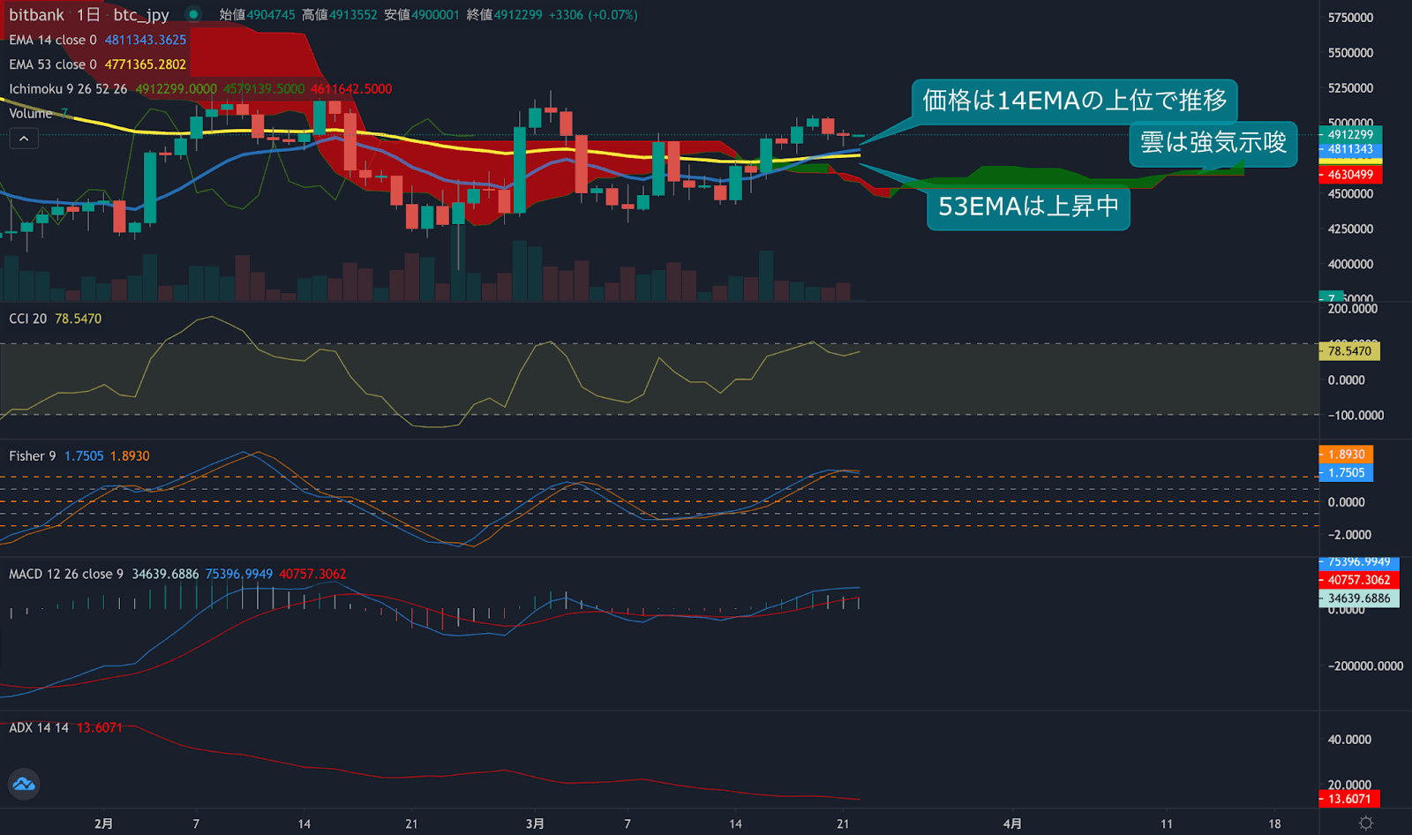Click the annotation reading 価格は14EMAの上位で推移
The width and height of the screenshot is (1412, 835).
1074,101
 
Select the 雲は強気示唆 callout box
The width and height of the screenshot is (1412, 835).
1213,143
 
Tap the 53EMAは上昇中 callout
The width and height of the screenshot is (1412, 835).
1028,207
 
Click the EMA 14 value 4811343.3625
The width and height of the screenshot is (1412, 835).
146,40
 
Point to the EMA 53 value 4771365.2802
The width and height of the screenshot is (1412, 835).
146,64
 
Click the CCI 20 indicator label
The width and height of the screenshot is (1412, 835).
28,319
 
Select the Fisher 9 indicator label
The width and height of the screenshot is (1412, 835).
33,456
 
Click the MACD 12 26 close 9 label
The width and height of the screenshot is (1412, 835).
66,574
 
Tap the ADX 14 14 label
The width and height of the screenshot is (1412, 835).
39,727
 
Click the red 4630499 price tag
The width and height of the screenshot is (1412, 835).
1350,175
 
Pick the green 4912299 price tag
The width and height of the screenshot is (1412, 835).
1350,134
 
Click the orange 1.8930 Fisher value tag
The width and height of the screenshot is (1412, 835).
1347,455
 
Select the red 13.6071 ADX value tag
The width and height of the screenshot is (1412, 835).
1349,799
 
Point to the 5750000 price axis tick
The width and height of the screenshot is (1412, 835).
1350,18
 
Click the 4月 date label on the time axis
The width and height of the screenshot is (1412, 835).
1012,824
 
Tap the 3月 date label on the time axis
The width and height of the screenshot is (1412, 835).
535,824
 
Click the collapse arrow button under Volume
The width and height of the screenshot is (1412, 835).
24,139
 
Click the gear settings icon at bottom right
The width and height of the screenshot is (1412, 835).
1366,823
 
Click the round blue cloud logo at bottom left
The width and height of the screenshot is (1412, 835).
24,784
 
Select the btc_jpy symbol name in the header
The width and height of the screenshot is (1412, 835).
141,15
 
